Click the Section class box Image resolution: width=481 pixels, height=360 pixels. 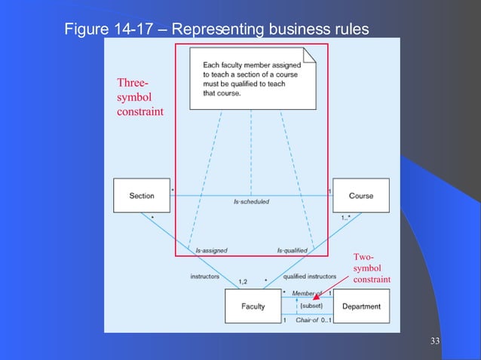coord(141,196)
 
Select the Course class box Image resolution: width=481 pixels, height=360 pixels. coord(360,196)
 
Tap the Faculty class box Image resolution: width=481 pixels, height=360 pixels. coord(253,307)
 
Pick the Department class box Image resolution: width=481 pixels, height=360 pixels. coord(360,307)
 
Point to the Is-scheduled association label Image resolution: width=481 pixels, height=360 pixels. coord(251,202)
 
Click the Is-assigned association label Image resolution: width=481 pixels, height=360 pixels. coord(211,250)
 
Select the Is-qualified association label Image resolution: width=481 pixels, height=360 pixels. coord(293,250)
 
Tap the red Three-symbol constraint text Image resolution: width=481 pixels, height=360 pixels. coord(139,97)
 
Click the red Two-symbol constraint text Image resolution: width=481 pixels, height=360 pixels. coord(372,269)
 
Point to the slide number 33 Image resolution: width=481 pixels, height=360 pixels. coord(434,343)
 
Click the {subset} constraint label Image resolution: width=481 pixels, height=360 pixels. coord(311,307)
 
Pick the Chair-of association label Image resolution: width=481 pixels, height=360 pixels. coord(308,320)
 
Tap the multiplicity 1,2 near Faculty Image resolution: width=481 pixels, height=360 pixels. coord(244,282)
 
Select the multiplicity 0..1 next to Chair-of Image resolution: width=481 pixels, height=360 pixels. coord(326,320)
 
